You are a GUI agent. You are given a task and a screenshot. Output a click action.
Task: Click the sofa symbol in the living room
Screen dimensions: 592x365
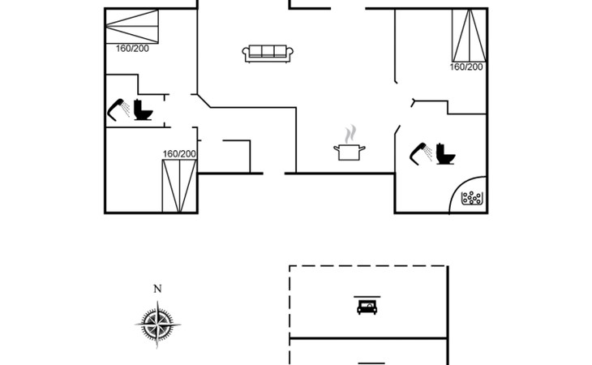pyautogui.click(x=268, y=54)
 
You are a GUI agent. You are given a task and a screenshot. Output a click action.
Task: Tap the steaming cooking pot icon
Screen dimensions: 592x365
pyautogui.click(x=350, y=151)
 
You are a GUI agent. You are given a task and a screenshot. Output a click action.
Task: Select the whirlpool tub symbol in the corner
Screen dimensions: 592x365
pyautogui.click(x=471, y=198)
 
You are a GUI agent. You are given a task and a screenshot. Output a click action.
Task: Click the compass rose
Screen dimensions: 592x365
pyautogui.click(x=157, y=324)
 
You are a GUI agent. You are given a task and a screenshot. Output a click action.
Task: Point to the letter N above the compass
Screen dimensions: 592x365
pyautogui.click(x=157, y=289)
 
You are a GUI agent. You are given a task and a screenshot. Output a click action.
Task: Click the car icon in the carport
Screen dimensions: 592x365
pyautogui.click(x=367, y=306)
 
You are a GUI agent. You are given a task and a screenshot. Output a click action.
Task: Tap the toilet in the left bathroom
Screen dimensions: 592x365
pyautogui.click(x=143, y=109)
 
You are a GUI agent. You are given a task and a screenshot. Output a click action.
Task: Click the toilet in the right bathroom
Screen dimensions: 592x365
pyautogui.click(x=445, y=154)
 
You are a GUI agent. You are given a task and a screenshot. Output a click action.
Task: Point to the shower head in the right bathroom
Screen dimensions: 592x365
pyautogui.click(x=421, y=153)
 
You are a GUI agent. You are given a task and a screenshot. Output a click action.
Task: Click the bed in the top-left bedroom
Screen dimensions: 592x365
pyautogui.click(x=131, y=27)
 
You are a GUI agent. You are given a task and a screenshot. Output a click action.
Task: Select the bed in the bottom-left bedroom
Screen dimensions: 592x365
pyautogui.click(x=179, y=186)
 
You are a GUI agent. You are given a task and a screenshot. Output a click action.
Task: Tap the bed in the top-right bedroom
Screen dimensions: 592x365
pyautogui.click(x=469, y=36)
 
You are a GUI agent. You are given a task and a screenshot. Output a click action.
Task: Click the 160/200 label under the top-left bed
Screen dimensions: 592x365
pyautogui.click(x=132, y=49)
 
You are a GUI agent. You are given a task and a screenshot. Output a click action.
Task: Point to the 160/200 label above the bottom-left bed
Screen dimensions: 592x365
pyautogui.click(x=179, y=153)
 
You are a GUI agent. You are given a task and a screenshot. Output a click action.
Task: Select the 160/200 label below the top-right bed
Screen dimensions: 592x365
pyautogui.click(x=466, y=67)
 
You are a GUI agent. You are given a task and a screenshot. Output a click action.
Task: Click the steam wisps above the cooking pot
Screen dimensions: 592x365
pyautogui.click(x=351, y=134)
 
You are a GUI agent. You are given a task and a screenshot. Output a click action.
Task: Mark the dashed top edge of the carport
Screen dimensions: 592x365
pyautogui.click(x=368, y=266)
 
